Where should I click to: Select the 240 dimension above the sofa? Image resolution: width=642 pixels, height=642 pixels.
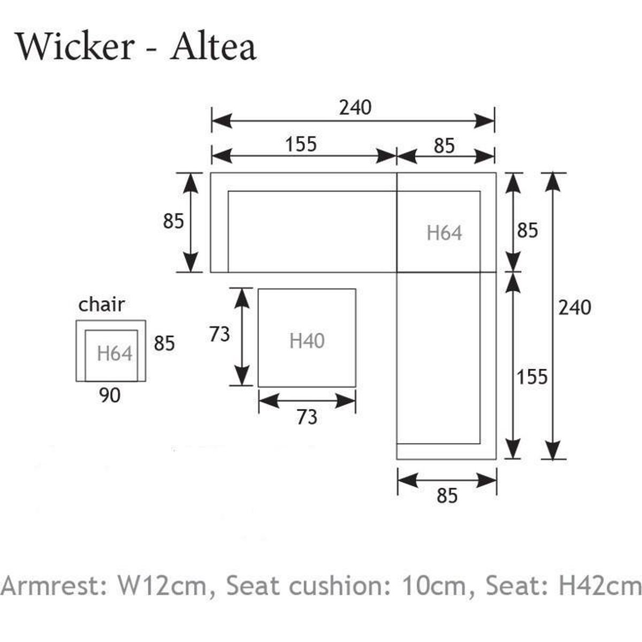355,108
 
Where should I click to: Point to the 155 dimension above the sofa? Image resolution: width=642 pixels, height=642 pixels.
301,144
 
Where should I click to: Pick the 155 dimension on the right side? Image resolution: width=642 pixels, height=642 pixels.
532,377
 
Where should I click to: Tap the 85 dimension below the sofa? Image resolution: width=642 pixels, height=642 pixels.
447,496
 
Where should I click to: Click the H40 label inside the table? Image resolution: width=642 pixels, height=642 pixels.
307,340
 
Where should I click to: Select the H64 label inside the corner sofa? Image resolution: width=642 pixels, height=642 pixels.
444,233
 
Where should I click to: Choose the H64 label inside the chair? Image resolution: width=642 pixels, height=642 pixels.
114,353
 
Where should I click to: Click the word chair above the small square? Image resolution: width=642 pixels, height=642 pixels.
102,304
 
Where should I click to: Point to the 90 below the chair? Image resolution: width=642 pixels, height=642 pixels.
110,395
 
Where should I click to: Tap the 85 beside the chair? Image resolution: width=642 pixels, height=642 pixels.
164,343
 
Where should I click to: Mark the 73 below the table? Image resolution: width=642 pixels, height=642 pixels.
307,417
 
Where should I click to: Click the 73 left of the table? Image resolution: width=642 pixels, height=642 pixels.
219,334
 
